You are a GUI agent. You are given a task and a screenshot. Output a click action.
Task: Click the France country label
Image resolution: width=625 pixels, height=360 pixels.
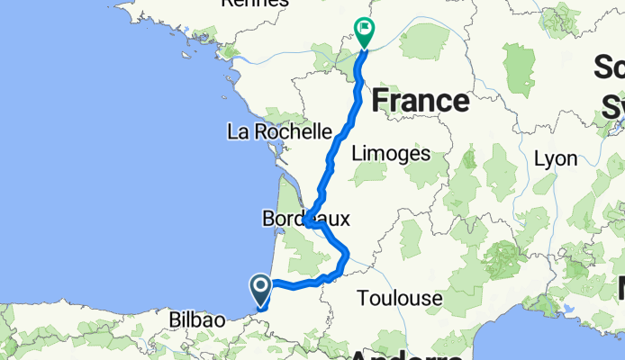[x=421, y=101]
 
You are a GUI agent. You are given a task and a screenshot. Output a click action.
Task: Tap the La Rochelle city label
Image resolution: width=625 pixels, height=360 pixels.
[x=279, y=132]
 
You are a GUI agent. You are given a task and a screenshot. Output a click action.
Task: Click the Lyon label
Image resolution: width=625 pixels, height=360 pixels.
[x=555, y=158]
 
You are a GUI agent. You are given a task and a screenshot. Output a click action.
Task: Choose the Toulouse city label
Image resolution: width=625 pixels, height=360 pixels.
[x=400, y=297]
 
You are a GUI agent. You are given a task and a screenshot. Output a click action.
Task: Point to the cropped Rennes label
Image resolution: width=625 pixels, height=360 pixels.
[x=256, y=4]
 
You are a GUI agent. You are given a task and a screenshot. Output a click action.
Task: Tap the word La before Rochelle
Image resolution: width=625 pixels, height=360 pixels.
[x=238, y=132]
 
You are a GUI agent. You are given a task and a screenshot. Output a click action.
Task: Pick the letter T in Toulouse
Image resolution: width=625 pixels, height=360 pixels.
[x=363, y=297]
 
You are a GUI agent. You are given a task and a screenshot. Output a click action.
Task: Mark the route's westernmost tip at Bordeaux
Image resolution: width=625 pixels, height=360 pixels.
[x=305, y=220]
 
